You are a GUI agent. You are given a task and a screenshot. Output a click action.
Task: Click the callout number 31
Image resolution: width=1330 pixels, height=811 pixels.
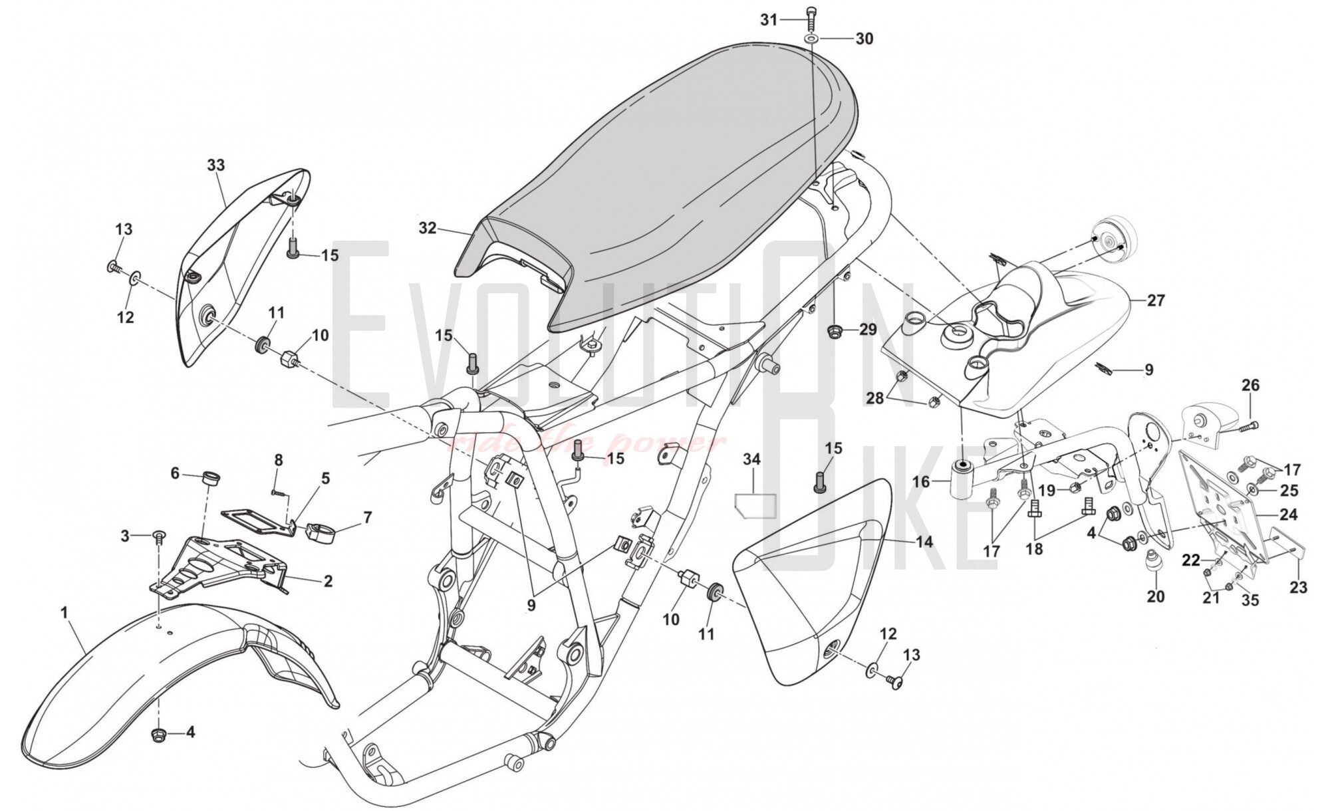tap(769, 21)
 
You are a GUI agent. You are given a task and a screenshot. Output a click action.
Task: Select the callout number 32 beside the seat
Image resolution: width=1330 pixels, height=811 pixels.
tap(428, 228)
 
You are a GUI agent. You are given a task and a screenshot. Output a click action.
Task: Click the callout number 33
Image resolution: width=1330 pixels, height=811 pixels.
tap(216, 165)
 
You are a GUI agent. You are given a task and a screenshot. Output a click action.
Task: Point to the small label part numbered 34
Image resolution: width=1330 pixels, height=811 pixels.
tap(755, 505)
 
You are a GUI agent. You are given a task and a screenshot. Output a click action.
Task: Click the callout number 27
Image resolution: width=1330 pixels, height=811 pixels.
tap(1156, 300)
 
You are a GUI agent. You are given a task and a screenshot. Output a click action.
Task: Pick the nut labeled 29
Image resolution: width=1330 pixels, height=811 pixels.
tap(834, 330)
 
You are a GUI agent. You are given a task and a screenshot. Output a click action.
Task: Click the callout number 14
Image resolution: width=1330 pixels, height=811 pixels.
tap(924, 542)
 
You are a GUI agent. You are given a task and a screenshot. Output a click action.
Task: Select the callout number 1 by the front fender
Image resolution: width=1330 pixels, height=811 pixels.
tap(65, 612)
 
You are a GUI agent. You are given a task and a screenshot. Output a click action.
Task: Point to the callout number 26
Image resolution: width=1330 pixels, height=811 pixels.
tap(1250, 385)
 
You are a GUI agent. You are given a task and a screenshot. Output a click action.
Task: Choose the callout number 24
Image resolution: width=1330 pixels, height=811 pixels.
tap(1287, 515)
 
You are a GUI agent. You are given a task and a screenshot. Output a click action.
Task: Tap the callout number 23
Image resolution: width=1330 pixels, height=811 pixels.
tap(1298, 587)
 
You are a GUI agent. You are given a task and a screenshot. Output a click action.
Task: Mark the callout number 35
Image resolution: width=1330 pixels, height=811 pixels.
tap(1250, 600)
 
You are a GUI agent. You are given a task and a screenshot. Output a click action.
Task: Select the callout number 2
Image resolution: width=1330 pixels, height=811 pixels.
tap(327, 581)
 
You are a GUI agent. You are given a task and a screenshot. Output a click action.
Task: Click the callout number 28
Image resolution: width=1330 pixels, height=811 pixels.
tap(875, 398)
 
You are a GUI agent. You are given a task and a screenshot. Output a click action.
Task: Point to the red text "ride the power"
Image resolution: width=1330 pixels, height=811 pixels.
tap(585, 443)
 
